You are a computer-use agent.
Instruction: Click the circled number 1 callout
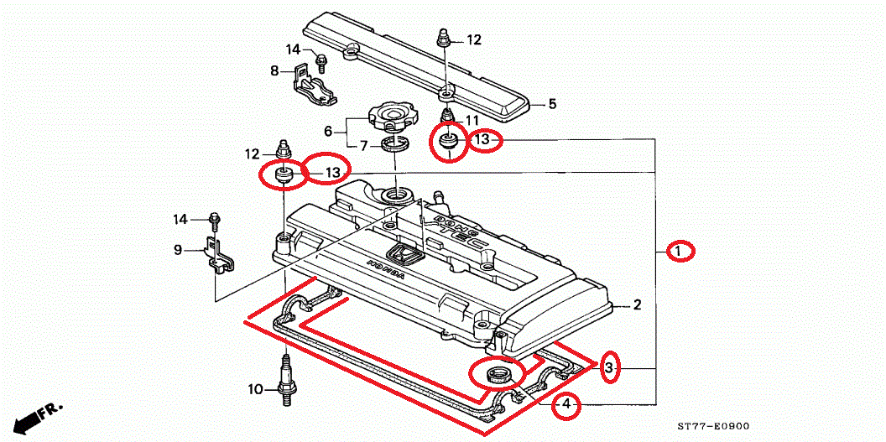coord(680,251)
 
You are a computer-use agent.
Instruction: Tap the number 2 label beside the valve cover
coord(637,305)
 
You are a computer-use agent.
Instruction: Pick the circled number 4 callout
coord(567,406)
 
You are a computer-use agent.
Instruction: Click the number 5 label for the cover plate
coord(552,105)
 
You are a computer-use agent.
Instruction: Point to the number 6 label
coord(329,131)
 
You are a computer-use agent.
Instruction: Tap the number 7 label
coord(363,146)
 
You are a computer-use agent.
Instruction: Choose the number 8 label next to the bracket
coord(274,71)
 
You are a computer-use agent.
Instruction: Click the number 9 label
coord(178,250)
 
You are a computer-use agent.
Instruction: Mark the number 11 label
coord(472,120)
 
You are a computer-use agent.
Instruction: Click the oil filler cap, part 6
coord(390,115)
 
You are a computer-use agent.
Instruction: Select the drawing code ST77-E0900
coord(713,426)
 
